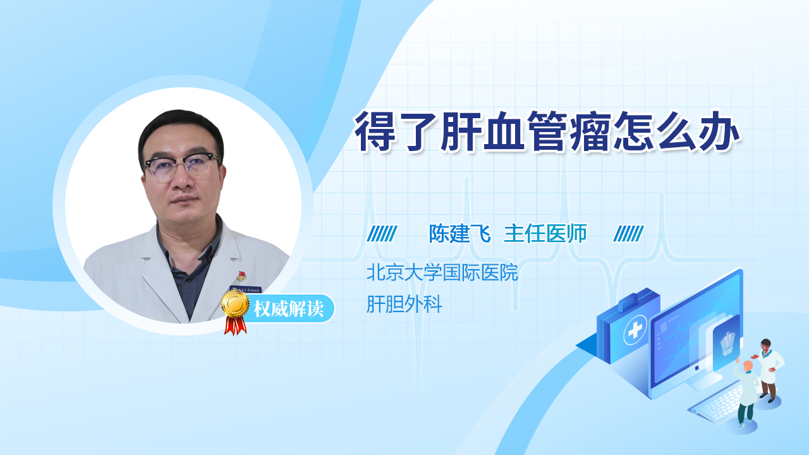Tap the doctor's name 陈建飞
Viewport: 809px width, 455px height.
pos(459,233)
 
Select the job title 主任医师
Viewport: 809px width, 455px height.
pos(545,233)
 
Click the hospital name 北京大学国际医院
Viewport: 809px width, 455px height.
pos(442,272)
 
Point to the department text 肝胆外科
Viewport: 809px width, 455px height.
pos(404,304)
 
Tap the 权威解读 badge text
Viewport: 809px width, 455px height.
pos(289,309)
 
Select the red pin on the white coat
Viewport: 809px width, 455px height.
pos(241,276)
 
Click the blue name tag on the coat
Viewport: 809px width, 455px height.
pos(246,289)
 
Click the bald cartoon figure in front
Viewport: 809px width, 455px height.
pos(745,393)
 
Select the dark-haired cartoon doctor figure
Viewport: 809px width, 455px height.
pos(769,370)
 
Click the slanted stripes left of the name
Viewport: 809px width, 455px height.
pos(382,234)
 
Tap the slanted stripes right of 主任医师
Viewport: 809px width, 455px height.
pos(628,234)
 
